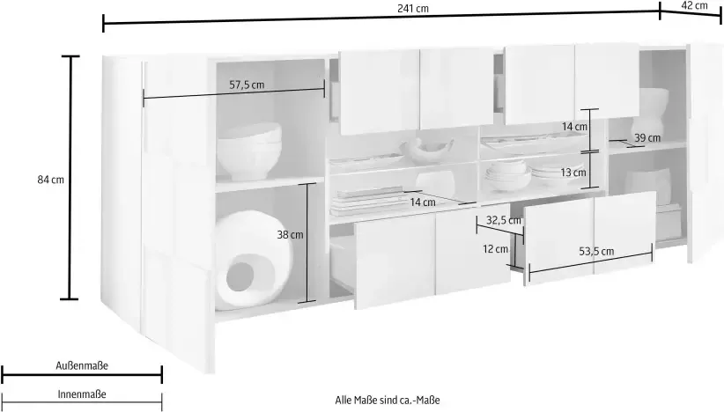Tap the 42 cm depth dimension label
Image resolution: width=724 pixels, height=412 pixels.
pyautogui.click(x=694, y=5)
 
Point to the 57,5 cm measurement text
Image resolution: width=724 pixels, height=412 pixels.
pyautogui.click(x=247, y=85)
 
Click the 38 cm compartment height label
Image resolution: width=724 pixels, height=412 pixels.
pyautogui.click(x=290, y=235)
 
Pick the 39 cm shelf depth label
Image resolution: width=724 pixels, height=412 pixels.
pyautogui.click(x=647, y=138)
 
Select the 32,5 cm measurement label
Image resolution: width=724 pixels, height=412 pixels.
pyautogui.click(x=503, y=221)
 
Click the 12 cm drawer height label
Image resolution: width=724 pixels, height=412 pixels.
pyautogui.click(x=495, y=249)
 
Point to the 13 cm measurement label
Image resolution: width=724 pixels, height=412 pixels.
pyautogui.click(x=573, y=173)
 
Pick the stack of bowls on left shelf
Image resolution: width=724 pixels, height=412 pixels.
pyautogui.click(x=249, y=151)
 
